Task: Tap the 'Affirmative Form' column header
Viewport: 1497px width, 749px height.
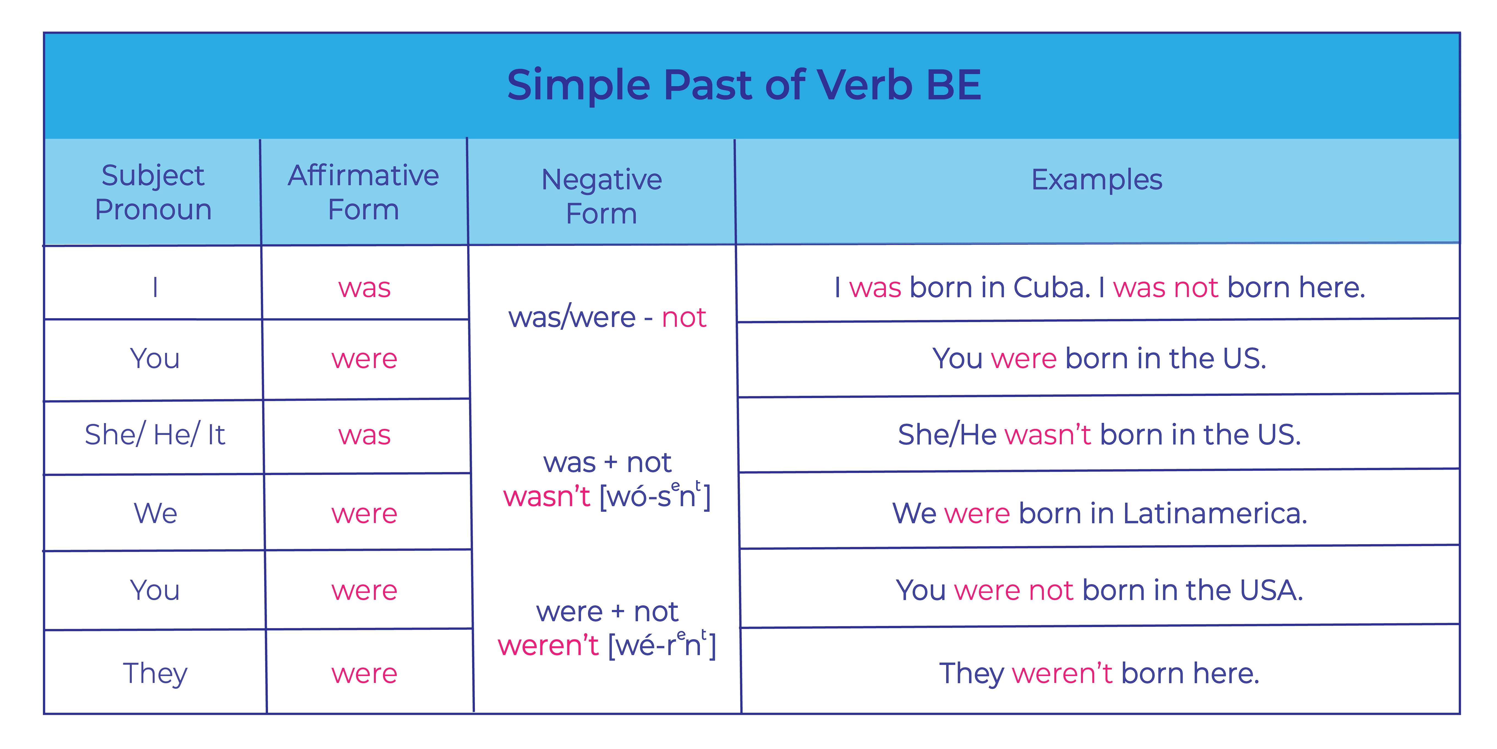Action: pos(364,192)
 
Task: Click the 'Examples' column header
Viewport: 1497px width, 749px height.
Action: pos(1097,179)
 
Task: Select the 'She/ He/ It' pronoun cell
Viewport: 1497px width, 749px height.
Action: pos(155,434)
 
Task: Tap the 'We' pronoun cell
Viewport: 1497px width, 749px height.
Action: pos(155,513)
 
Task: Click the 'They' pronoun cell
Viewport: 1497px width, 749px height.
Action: pos(155,673)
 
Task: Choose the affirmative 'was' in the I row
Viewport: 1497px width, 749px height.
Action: pos(364,288)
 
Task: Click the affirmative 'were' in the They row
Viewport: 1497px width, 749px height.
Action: pos(364,674)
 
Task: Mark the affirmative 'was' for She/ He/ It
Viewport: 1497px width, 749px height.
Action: pos(364,435)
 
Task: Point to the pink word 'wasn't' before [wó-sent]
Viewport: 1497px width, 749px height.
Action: pos(547,496)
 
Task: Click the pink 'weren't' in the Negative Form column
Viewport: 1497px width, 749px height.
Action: pos(548,645)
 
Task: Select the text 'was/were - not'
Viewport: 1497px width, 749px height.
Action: pos(607,317)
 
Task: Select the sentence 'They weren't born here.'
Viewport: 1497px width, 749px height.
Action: pos(1099,673)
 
